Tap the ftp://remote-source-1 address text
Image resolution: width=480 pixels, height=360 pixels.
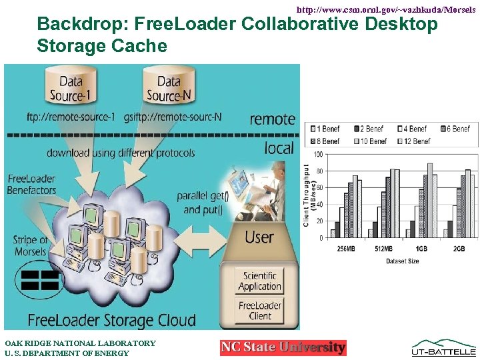(x=70, y=117)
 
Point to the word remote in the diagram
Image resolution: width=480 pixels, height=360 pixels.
(x=272, y=119)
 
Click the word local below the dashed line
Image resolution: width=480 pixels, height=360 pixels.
(x=279, y=147)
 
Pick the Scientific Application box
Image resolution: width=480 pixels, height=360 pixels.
(x=259, y=281)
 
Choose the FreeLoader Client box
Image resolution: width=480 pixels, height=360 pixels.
(x=259, y=310)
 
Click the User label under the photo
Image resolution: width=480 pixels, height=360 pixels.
(x=259, y=237)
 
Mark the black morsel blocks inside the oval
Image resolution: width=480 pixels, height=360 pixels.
(x=40, y=280)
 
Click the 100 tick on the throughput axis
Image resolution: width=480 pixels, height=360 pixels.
(x=319, y=154)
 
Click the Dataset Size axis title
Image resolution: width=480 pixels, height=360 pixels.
(x=403, y=261)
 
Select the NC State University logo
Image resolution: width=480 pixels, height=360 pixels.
(x=283, y=347)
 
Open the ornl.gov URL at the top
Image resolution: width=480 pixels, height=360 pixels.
(x=385, y=10)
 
